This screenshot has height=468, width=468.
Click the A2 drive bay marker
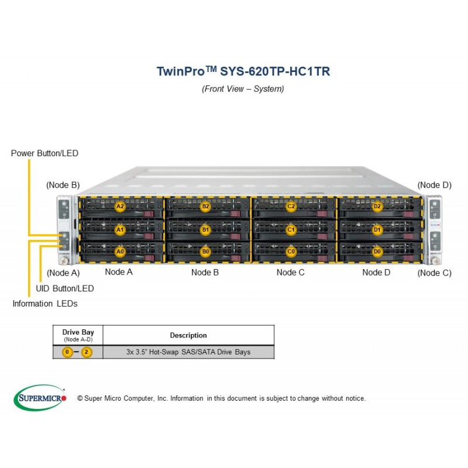[120, 207]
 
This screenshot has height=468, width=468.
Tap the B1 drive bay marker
[205, 230]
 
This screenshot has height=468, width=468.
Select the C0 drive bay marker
[291, 252]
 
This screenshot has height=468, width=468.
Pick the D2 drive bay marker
[377, 207]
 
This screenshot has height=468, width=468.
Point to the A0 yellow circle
[120, 252]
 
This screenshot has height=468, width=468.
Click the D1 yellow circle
[377, 230]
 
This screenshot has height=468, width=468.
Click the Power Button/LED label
[44, 153]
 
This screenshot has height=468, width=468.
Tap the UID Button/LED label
[65, 288]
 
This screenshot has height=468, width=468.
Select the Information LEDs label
[45, 304]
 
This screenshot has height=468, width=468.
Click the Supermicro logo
[40, 398]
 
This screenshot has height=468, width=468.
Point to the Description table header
[188, 335]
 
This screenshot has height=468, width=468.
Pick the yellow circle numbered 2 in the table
[87, 352]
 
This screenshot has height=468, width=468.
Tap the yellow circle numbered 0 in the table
[67, 352]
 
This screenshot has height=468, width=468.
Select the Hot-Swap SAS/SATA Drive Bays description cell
[188, 352]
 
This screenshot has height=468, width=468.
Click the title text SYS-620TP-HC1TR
[275, 71]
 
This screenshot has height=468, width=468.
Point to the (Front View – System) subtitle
[243, 89]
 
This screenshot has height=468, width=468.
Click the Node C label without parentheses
[290, 273]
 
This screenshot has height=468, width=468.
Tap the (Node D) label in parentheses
[434, 185]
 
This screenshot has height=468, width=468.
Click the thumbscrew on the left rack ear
[64, 260]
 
